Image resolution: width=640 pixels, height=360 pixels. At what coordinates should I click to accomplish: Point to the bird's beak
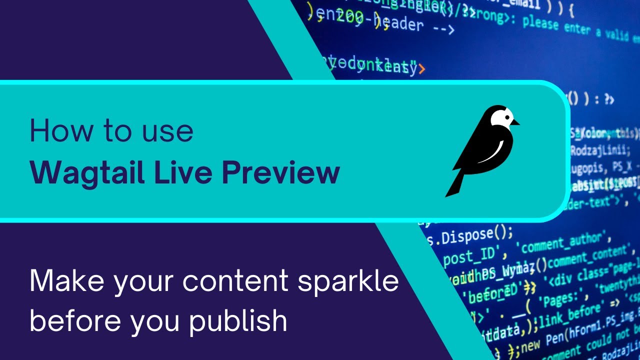(x=516, y=122)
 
